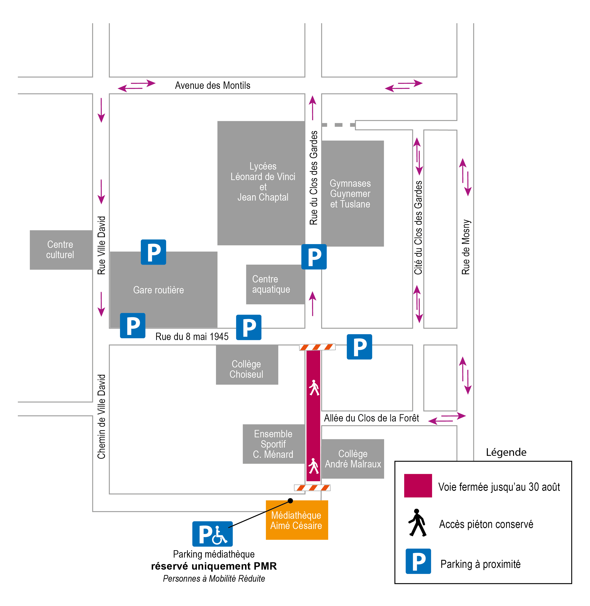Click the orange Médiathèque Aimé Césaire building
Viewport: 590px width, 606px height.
coord(297,520)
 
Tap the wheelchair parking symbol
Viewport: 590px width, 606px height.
coord(212,534)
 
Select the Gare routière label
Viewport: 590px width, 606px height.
coord(158,290)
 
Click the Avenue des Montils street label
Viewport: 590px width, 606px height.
coord(213,85)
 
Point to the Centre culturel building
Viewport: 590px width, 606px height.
coord(61,250)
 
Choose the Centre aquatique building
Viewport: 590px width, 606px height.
coord(275,284)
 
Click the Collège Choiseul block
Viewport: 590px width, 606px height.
coord(247,365)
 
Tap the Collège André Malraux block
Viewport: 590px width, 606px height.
coord(353,459)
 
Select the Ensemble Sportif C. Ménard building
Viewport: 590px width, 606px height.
coord(274,444)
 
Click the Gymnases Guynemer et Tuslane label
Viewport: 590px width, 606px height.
coord(350,194)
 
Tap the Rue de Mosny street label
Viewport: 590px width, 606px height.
coord(466,247)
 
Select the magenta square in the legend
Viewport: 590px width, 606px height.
coord(418,486)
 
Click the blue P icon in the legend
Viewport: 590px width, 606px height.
coord(418,561)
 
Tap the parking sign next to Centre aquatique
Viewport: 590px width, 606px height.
coord(314,257)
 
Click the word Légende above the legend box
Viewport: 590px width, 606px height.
coord(506,452)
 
